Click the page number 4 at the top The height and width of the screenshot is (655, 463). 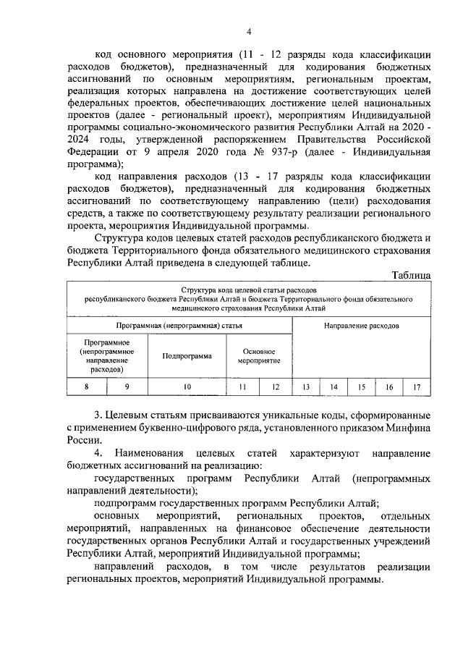click(248, 31)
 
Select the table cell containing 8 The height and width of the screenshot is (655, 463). click(86, 387)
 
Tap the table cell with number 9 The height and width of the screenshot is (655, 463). click(127, 387)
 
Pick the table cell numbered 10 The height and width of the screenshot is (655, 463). click(187, 387)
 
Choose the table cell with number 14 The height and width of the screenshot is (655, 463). click(334, 387)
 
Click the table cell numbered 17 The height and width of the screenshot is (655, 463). click(417, 387)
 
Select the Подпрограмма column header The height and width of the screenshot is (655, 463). click(187, 356)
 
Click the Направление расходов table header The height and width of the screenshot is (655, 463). click(361, 326)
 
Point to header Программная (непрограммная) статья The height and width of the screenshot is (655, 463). click(178, 326)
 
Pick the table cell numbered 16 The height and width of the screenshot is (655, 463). click(389, 387)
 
